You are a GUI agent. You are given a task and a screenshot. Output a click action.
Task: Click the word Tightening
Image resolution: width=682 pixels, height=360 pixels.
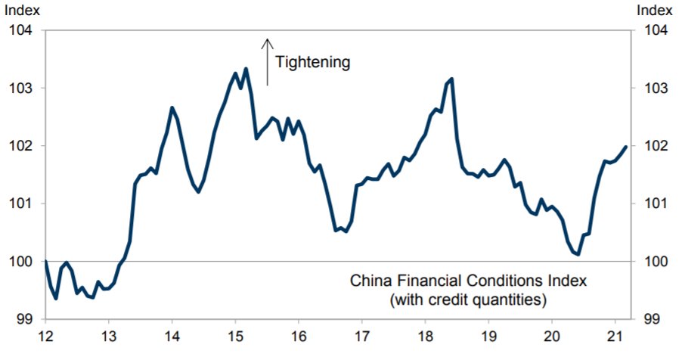tap(312, 62)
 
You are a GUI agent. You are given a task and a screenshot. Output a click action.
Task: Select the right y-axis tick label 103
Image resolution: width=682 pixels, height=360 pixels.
tap(656, 88)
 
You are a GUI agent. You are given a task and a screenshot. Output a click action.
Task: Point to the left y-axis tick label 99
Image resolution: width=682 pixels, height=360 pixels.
tap(23, 319)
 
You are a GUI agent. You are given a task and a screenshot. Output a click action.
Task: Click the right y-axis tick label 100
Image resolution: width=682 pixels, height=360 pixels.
tap(656, 262)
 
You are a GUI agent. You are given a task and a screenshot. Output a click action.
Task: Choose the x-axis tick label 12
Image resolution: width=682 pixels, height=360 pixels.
tap(45, 335)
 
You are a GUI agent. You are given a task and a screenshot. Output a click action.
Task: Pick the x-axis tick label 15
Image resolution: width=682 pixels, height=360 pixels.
tap(235, 335)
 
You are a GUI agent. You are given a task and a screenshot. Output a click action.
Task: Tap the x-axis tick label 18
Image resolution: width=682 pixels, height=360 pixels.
tap(424, 335)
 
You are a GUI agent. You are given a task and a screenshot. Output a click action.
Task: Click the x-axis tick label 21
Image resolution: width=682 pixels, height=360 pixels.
tap(614, 335)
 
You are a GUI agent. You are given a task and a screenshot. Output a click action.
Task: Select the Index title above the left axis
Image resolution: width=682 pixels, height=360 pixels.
tap(23, 10)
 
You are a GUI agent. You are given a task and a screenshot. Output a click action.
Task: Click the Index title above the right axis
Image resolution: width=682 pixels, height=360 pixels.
tap(655, 10)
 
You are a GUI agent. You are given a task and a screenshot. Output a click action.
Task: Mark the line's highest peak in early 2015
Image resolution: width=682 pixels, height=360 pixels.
tap(246, 69)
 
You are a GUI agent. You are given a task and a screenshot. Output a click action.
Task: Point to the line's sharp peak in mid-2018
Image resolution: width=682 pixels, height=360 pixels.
tap(451, 79)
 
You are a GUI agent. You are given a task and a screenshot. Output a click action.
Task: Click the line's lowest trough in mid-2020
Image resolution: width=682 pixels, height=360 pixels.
tap(578, 255)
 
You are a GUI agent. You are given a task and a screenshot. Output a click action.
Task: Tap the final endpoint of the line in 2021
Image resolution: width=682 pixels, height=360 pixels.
tap(626, 147)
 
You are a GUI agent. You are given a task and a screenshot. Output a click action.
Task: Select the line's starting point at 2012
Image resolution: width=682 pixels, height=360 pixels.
tap(45, 262)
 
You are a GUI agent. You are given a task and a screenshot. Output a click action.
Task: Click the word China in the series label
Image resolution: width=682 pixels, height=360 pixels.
tap(369, 281)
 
